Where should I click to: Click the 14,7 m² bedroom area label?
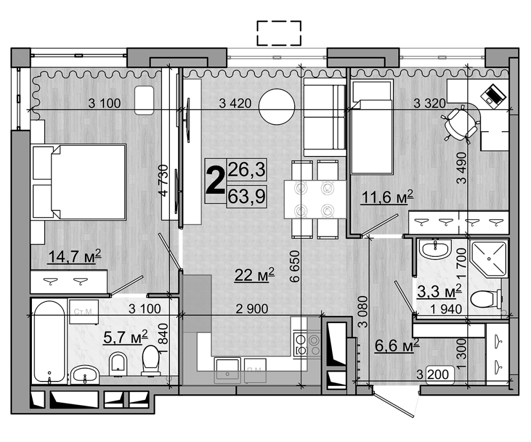[74, 258]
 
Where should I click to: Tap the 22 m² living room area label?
[255, 274]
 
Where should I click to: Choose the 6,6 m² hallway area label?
[397, 345]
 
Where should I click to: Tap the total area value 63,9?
[246, 195]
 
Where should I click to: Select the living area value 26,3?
[246, 170]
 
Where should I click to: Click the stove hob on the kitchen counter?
[306, 343]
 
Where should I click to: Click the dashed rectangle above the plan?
[279, 33]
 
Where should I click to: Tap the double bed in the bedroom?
[80, 181]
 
